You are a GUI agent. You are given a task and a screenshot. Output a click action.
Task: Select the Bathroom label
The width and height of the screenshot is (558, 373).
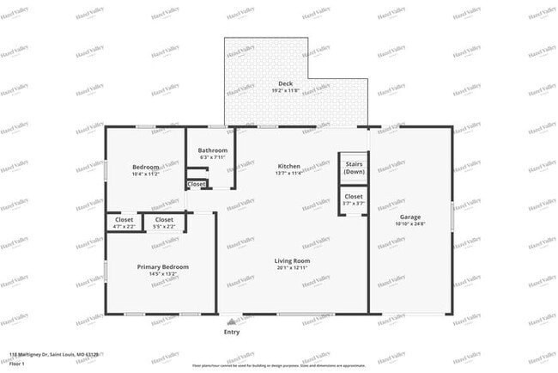(212, 150)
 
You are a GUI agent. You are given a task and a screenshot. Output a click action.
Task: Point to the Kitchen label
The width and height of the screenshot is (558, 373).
(288, 165)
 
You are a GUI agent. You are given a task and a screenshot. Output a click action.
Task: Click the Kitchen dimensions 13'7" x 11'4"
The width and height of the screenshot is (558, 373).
(288, 173)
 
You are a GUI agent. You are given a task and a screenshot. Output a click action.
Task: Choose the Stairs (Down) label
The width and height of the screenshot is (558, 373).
(354, 168)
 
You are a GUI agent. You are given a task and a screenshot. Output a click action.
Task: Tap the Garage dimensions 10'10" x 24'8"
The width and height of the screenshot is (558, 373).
(410, 224)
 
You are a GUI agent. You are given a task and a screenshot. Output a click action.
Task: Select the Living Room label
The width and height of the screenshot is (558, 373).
(292, 260)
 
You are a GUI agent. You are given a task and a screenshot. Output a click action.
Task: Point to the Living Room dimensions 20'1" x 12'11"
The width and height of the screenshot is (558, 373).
(292, 268)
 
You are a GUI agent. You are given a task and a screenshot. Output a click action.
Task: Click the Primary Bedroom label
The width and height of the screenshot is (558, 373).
(163, 266)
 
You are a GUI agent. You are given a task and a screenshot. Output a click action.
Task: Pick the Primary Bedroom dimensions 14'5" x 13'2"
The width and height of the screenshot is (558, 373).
(163, 274)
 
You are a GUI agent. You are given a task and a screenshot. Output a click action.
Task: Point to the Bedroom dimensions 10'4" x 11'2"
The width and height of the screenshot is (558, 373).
(145, 174)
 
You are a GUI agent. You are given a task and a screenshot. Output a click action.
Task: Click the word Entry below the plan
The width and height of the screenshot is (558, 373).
(232, 332)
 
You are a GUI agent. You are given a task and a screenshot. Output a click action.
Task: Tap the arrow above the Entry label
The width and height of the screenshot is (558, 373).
(227, 320)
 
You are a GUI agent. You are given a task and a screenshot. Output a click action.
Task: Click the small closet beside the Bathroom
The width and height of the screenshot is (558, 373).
(197, 184)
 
